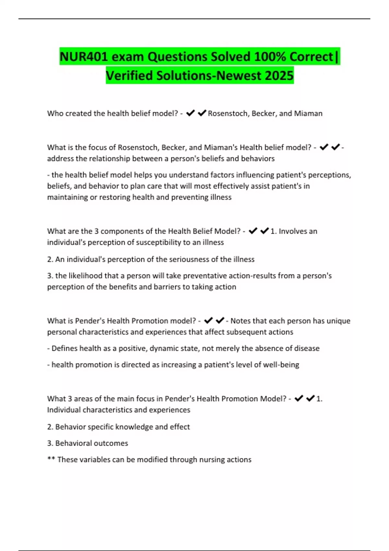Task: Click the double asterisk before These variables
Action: (x=51, y=459)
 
